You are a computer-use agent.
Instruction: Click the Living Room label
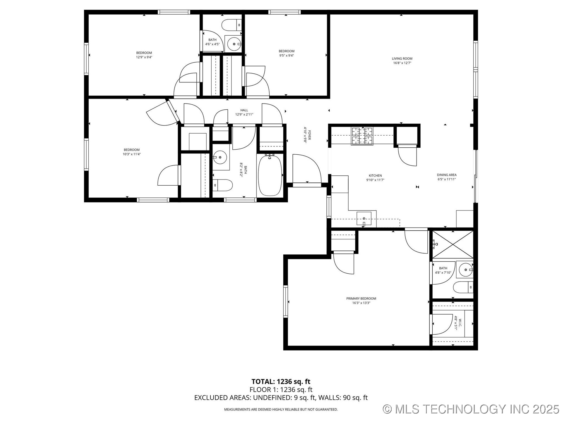402,58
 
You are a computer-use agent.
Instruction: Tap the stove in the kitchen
362,136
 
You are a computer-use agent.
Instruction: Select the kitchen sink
364,219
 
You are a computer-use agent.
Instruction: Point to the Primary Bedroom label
361,299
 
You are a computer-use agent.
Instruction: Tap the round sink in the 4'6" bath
234,44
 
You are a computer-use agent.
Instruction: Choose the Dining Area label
446,175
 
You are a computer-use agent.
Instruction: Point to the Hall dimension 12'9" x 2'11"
244,115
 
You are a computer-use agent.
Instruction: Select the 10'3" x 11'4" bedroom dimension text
131,154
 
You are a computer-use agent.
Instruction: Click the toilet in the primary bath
463,287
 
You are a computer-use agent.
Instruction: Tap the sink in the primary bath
465,270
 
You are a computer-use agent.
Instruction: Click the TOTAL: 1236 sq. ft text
281,382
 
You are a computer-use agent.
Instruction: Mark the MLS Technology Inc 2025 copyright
471,409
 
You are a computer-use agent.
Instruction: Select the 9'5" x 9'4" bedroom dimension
286,56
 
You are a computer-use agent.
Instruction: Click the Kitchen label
375,176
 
